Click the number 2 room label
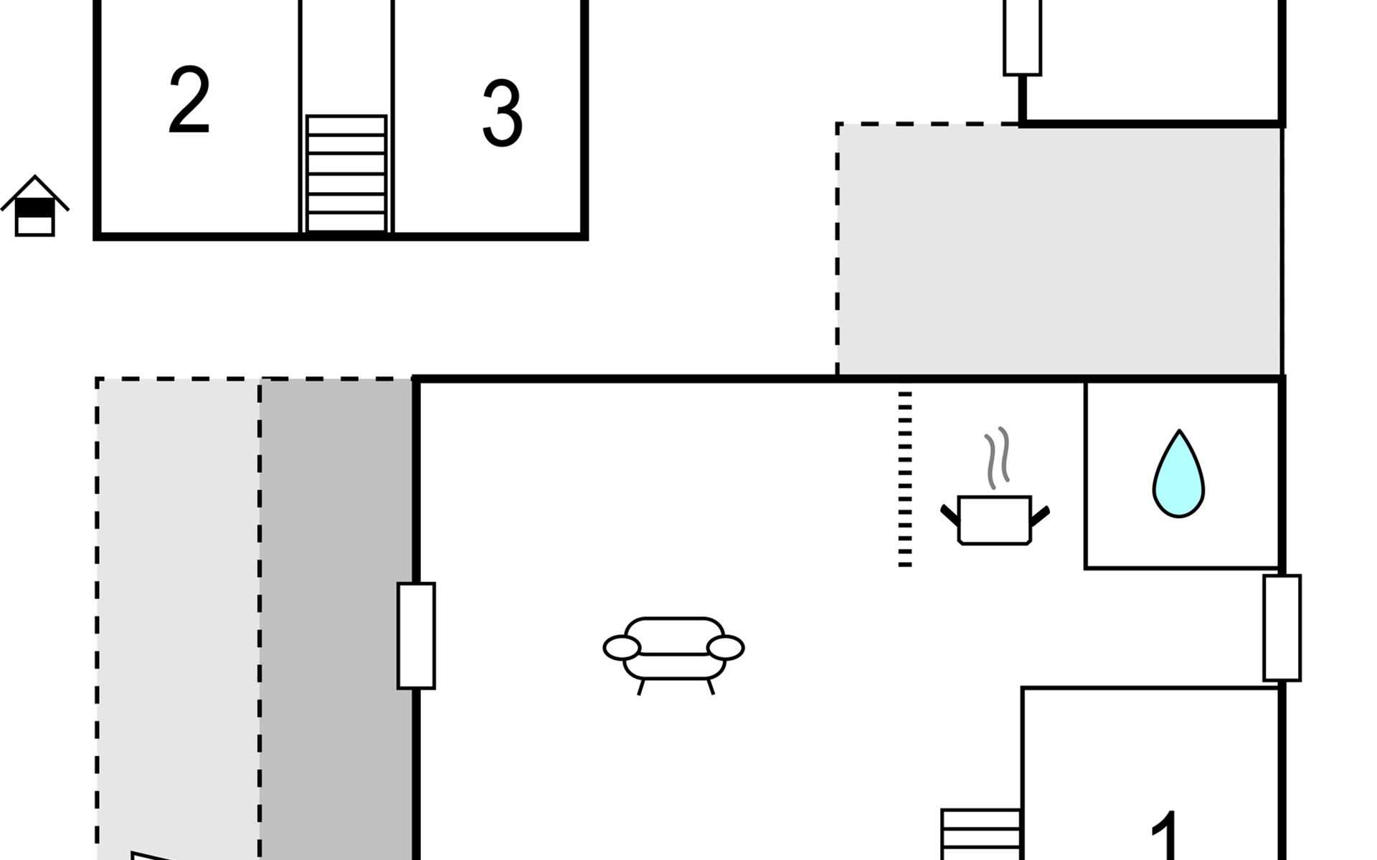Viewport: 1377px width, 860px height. pos(189,100)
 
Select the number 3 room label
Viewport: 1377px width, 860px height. pos(502,113)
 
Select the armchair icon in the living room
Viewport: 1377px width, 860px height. pos(673,649)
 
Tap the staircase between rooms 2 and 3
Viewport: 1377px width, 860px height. pos(346,173)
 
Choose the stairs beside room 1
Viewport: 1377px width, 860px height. pos(980,835)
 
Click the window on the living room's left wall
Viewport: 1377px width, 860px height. pos(416,636)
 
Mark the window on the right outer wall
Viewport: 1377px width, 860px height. pos(1282,628)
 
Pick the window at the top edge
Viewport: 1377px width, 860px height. pos(1022,36)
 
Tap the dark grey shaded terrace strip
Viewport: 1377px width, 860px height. pos(336,616)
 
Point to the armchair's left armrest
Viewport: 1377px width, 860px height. pos(621,648)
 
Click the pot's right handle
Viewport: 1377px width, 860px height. pos(1040,515)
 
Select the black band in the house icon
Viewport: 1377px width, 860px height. pos(34,208)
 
